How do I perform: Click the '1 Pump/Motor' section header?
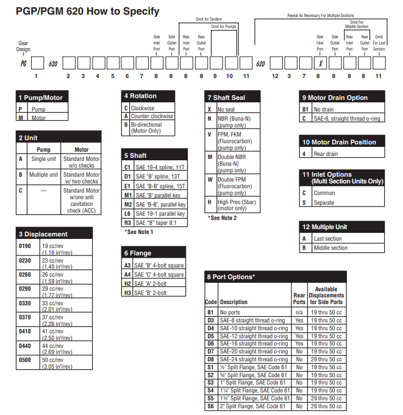41,98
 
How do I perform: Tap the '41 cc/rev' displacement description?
52,332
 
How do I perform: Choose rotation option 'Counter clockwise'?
152,116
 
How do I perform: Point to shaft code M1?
127,196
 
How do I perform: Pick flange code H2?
127,283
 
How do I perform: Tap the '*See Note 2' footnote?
222,218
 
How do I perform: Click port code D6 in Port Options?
210,344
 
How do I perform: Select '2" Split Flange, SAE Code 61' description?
253,406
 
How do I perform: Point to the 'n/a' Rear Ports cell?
299,312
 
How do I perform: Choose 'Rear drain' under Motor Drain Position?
327,154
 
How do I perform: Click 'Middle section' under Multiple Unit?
330,248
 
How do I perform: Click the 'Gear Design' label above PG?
23,46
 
